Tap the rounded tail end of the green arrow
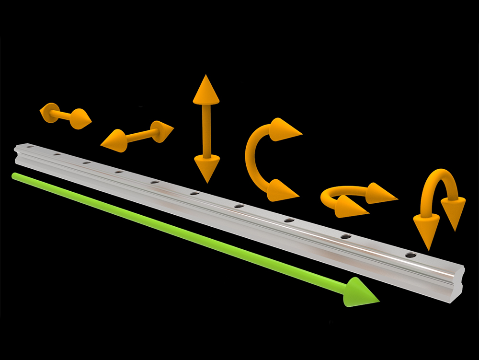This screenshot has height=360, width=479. pyautogui.click(x=15, y=176)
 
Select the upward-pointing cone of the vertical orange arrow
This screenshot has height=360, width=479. pyautogui.click(x=206, y=91)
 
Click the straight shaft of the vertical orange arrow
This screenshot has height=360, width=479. pyautogui.click(x=206, y=129)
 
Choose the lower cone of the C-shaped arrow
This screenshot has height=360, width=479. pyautogui.click(x=281, y=190)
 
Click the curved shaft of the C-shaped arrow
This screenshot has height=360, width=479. pyautogui.click(x=251, y=158)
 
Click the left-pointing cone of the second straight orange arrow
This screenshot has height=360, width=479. pyautogui.click(x=114, y=140)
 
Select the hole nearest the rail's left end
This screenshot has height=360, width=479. pyautogui.click(x=31, y=147)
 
